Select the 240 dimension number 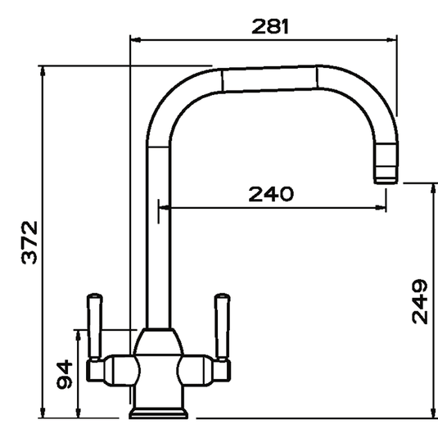coord(269,195)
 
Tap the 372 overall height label coord(28,242)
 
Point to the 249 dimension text coord(419,301)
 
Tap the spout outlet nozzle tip coord(384,174)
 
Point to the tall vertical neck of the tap coord(156,237)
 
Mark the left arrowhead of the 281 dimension coord(135,40)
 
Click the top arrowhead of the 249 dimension coord(431,188)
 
